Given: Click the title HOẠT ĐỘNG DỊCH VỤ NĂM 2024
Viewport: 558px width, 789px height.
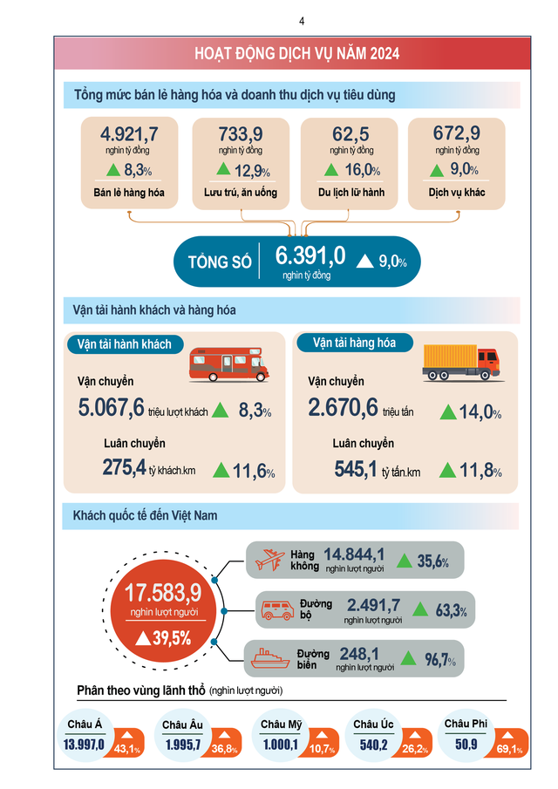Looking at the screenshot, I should [297, 54].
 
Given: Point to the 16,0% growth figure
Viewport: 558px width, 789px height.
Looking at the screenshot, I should [362, 171].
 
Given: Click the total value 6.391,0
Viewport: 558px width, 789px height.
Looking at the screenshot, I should [310, 255].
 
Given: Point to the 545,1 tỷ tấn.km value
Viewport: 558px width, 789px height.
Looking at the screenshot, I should [357, 471].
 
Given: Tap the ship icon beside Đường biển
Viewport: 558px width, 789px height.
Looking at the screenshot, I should [270, 658].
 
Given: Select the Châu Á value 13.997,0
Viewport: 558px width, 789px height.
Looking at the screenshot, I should [85, 745].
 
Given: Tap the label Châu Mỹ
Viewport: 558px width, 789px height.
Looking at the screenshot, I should [280, 724].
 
